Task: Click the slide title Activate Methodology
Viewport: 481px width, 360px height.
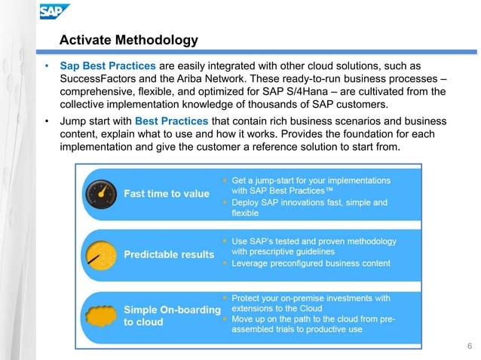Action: click(128, 40)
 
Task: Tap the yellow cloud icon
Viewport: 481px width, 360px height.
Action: click(100, 314)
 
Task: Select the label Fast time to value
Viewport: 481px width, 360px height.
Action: click(167, 194)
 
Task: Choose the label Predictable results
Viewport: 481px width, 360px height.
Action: click(169, 255)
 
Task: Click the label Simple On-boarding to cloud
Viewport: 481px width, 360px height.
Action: click(172, 316)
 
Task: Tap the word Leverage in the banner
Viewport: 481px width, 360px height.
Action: click(253, 264)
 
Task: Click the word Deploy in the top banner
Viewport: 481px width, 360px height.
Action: click(248, 203)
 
